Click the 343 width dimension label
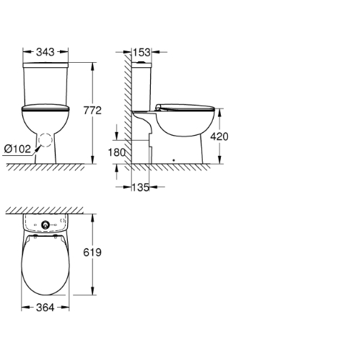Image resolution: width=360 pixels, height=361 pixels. pyautogui.click(x=45, y=52)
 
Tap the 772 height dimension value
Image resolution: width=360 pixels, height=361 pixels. pyautogui.click(x=92, y=110)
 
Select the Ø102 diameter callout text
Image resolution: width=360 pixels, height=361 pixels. pyautogui.click(x=17, y=149)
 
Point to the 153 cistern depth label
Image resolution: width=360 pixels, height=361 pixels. pyautogui.click(x=141, y=52)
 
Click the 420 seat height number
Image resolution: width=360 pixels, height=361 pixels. pyautogui.click(x=219, y=136)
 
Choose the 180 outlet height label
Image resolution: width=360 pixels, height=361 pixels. pyautogui.click(x=117, y=152)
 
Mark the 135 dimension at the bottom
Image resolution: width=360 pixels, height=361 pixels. pyautogui.click(x=141, y=187)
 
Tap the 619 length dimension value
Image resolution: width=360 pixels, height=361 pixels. pyautogui.click(x=92, y=253)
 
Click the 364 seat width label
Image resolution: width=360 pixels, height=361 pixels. pyautogui.click(x=45, y=308)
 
